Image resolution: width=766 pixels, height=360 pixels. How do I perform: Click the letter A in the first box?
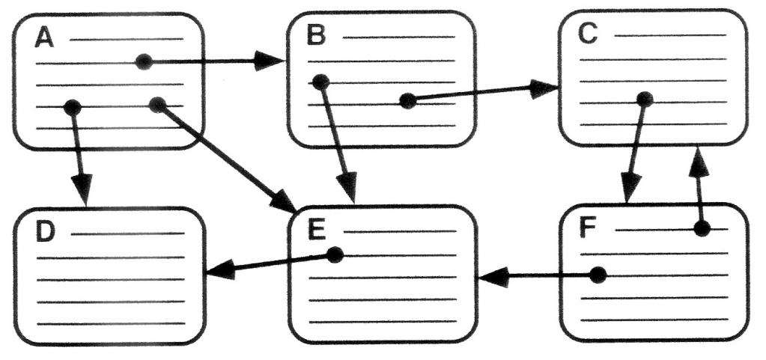[44, 38]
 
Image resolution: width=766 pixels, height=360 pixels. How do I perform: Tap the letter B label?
[316, 36]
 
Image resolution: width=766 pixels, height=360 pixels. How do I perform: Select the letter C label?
[587, 34]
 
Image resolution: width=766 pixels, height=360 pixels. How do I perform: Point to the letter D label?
[46, 233]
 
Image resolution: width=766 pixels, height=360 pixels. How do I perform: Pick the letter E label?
[317, 231]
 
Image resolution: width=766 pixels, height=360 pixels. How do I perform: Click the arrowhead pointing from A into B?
[269, 61]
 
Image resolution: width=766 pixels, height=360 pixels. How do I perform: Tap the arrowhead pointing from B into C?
[544, 88]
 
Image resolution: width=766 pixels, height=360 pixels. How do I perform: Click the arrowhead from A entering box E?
[283, 201]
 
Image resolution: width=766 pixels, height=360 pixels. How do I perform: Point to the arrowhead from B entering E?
[348, 186]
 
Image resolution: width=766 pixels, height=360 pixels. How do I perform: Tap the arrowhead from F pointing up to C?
[698, 162]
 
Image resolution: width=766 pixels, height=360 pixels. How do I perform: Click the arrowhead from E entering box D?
[222, 270]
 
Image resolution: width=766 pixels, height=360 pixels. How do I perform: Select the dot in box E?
[335, 255]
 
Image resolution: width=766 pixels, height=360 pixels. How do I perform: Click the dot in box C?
[645, 99]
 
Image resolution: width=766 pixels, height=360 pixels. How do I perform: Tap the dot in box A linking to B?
[144, 61]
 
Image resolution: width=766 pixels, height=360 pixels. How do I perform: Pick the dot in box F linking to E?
[598, 275]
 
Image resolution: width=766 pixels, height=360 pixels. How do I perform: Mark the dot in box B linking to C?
[407, 101]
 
